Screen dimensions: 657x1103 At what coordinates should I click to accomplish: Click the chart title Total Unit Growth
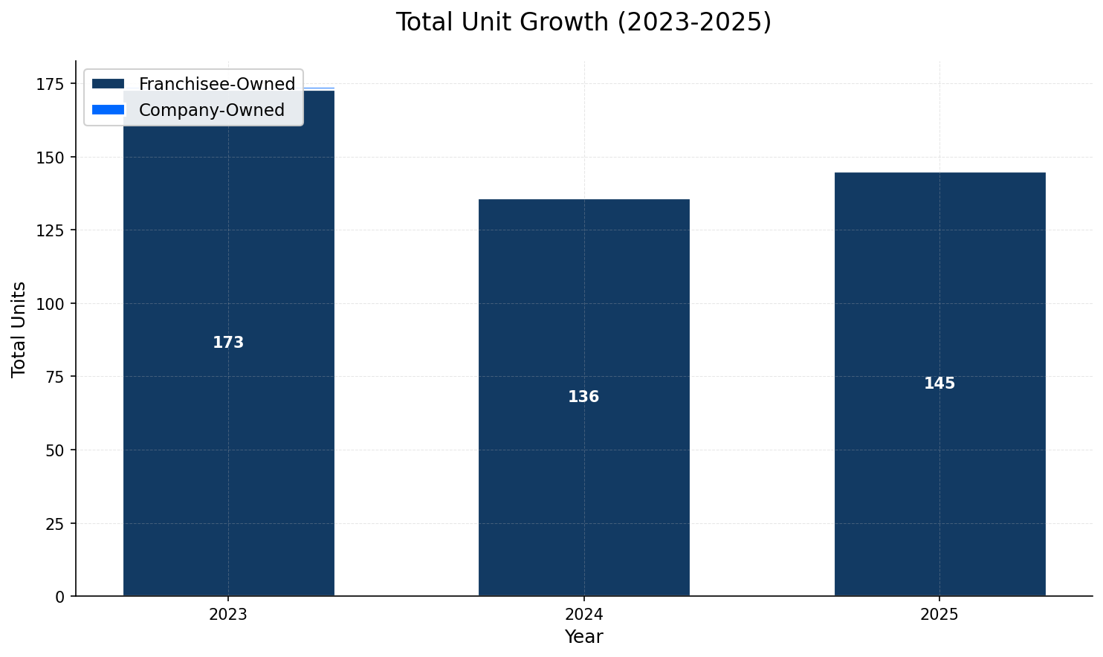(583, 22)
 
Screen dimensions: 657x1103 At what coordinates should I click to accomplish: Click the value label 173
(228, 343)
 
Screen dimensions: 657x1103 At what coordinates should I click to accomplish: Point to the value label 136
(583, 397)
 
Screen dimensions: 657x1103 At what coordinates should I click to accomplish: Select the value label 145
(939, 383)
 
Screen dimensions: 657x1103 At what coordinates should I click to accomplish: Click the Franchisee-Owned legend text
(217, 84)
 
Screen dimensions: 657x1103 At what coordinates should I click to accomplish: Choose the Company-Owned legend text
(212, 110)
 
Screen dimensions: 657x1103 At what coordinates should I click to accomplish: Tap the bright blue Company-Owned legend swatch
(109, 110)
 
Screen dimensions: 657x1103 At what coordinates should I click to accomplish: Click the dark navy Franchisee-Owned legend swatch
(109, 84)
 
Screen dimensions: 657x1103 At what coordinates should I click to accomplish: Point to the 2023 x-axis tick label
(228, 615)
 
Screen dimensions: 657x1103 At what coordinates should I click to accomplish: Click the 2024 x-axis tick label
(583, 615)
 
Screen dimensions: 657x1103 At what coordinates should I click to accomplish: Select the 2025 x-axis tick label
(939, 615)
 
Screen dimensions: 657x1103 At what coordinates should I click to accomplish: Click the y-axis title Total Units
(19, 328)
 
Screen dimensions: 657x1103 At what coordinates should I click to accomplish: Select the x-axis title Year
(583, 637)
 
